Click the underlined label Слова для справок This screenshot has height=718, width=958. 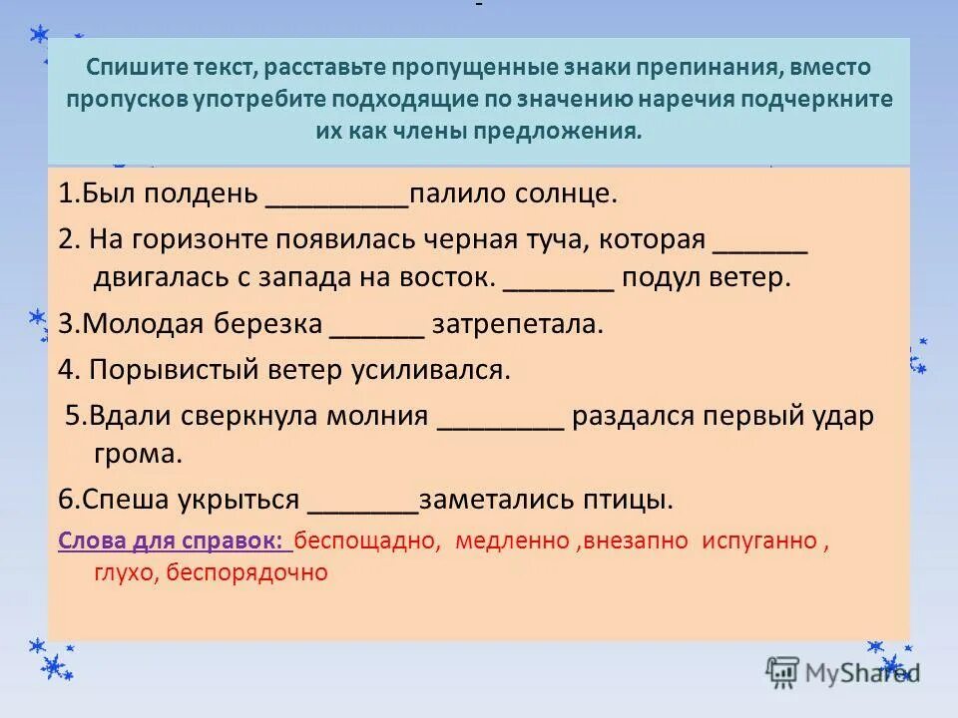[x=174, y=541]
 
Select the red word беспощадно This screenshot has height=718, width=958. [x=368, y=541]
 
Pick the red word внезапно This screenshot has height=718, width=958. [x=636, y=541]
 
